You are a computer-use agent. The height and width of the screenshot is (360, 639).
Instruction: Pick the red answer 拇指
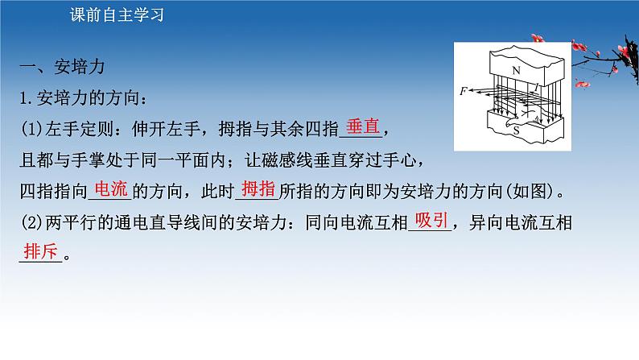click(x=258, y=189)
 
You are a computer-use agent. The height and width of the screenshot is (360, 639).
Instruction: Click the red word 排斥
click(x=38, y=250)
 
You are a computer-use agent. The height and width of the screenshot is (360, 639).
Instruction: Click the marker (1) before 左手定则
click(x=28, y=129)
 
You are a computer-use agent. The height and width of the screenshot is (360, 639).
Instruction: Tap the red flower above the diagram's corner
click(x=533, y=36)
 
